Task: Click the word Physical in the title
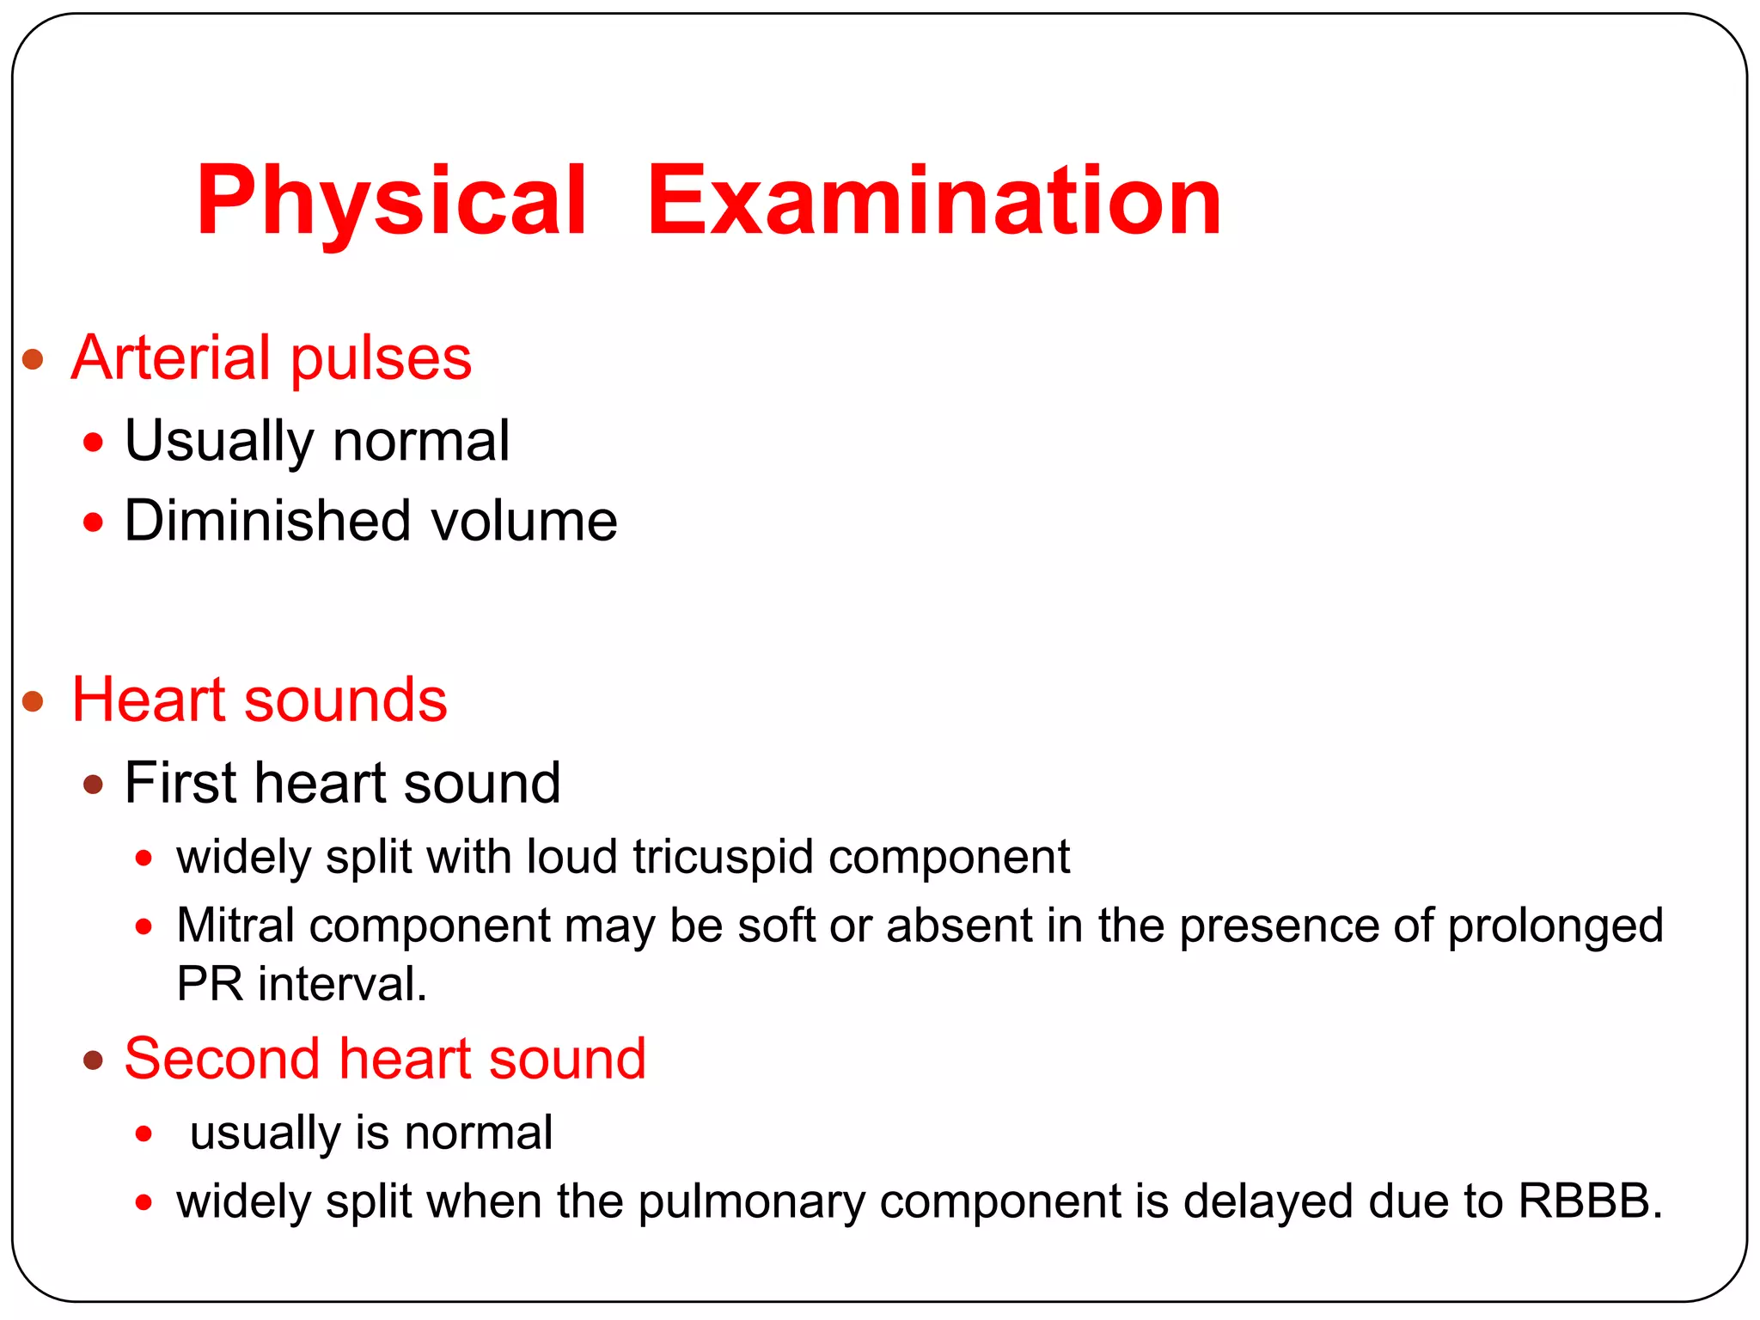click(391, 202)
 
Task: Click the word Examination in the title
click(934, 202)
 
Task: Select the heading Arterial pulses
click(272, 357)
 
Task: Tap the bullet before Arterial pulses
click(33, 359)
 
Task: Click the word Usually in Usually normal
click(219, 442)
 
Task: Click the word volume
click(523, 521)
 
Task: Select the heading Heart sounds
click(259, 700)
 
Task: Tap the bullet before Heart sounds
click(33, 701)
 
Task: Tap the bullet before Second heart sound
click(93, 1060)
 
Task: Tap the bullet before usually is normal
click(144, 1134)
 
